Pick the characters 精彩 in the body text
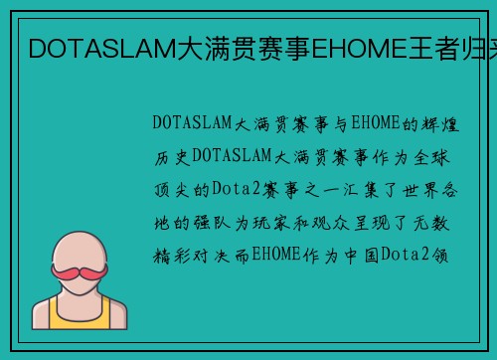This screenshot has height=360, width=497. [x=171, y=255]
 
